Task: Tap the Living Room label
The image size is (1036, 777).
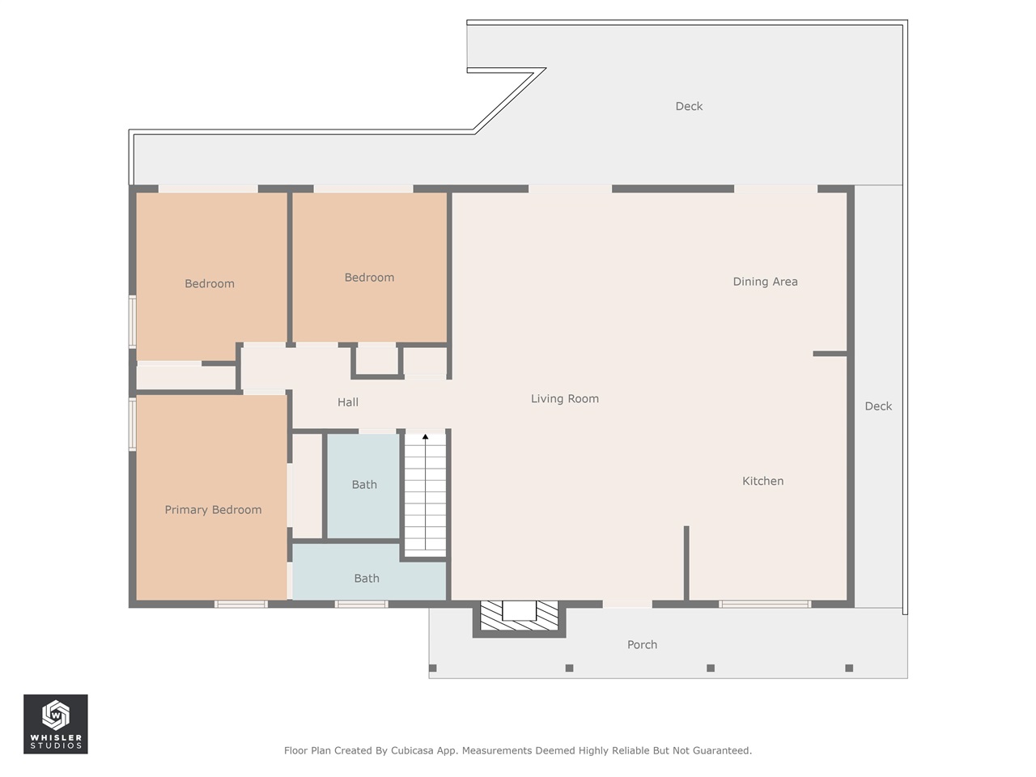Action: tap(564, 399)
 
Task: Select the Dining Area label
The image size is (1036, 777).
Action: tap(765, 282)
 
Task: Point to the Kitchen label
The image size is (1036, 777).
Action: tap(762, 482)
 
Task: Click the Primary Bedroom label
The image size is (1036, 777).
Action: tap(213, 510)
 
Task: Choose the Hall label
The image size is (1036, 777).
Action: tap(348, 402)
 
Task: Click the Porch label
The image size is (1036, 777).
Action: tap(642, 645)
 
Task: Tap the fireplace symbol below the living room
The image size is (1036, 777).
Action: tap(519, 618)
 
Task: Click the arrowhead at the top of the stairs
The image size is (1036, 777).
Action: tap(425, 437)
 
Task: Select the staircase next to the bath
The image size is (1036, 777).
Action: tap(425, 494)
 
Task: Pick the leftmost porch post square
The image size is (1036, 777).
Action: tap(433, 668)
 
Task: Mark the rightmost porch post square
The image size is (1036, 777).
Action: tap(849, 668)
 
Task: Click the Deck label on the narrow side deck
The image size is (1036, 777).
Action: tap(878, 406)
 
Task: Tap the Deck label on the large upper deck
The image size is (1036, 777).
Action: tap(689, 106)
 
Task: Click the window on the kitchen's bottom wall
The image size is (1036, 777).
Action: tap(765, 604)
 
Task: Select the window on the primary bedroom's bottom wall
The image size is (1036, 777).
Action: tap(241, 604)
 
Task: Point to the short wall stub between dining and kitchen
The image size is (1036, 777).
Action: tap(830, 354)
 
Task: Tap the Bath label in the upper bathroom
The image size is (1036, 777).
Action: tap(364, 485)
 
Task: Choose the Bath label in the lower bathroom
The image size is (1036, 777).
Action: tap(367, 579)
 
